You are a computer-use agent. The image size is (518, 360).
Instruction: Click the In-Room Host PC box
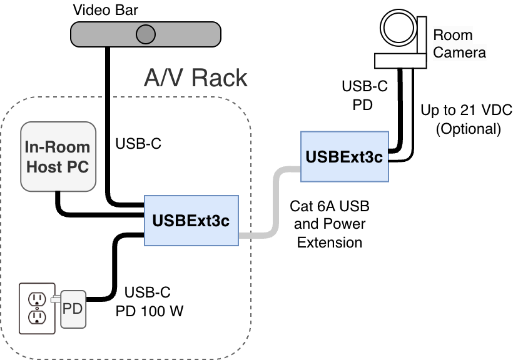tap(57, 156)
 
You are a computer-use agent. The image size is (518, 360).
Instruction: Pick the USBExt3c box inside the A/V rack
tap(191, 221)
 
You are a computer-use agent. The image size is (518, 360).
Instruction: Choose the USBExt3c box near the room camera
tap(343, 156)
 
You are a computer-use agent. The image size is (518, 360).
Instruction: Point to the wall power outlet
tap(37, 307)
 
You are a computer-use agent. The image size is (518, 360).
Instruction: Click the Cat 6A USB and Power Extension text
tap(329, 224)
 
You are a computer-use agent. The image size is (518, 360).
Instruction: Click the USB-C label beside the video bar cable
tap(138, 144)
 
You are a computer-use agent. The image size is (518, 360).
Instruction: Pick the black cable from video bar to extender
tap(108, 125)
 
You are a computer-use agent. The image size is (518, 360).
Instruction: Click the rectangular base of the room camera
tap(400, 60)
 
